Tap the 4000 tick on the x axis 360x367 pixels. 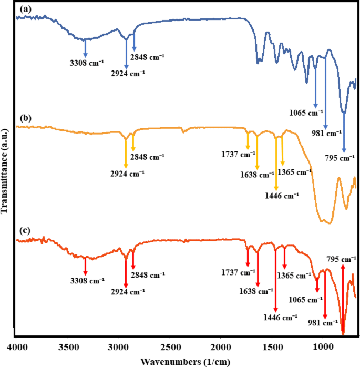(17, 347)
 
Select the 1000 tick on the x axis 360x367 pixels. (322, 347)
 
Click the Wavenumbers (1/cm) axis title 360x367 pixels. (185, 361)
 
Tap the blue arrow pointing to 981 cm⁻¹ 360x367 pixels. (325, 92)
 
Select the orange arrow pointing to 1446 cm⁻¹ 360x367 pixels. (276, 162)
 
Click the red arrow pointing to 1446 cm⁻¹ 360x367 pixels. (275, 279)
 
